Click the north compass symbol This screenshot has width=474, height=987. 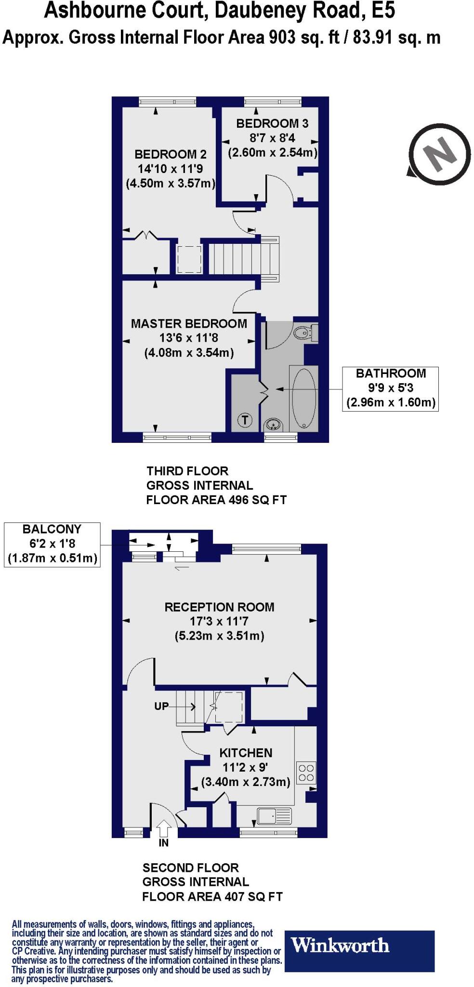coord(439,154)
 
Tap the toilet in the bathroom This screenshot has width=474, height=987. coord(305,333)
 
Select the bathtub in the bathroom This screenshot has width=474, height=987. coord(304,398)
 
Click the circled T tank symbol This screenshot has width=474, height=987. coord(245,420)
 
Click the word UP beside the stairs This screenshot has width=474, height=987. coord(161,706)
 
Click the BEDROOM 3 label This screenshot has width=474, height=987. coord(272,123)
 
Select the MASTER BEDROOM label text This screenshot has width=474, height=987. coord(189,323)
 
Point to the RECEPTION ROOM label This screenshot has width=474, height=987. coord(219,607)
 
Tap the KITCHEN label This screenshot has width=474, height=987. coord(246,752)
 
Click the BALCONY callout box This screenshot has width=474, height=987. coord(52,544)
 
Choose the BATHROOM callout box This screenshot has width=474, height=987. coord(390,388)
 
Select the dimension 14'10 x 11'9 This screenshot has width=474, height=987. coord(170,169)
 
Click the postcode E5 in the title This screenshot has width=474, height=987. coord(383,11)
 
